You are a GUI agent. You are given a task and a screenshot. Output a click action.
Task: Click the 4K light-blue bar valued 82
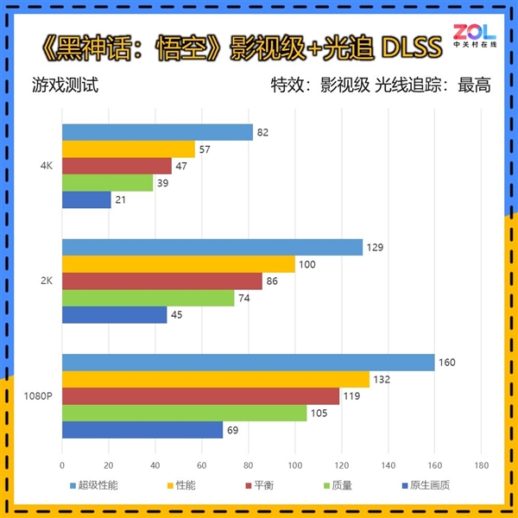157,132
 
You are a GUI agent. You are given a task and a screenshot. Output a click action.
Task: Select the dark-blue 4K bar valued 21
86,199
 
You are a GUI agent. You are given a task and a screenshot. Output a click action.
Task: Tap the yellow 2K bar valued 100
178,264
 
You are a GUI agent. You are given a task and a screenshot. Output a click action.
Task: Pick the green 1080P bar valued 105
184,413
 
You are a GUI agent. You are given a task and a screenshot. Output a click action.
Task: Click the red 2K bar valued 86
162,281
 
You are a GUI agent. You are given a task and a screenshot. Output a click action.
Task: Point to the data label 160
446,363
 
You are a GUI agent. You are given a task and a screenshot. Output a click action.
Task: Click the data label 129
374,248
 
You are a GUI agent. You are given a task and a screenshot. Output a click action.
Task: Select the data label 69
233,429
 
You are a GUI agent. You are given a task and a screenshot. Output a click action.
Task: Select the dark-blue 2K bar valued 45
114,315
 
